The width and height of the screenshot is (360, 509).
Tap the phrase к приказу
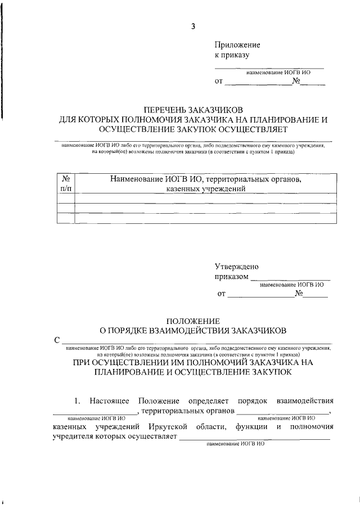point(232,55)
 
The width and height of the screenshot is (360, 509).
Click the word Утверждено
point(237,267)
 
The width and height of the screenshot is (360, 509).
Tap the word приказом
point(231,277)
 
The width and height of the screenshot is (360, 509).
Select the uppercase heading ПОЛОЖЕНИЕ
point(192,319)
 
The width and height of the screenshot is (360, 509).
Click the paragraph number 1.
point(78,400)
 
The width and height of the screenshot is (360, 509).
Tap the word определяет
point(206,400)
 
